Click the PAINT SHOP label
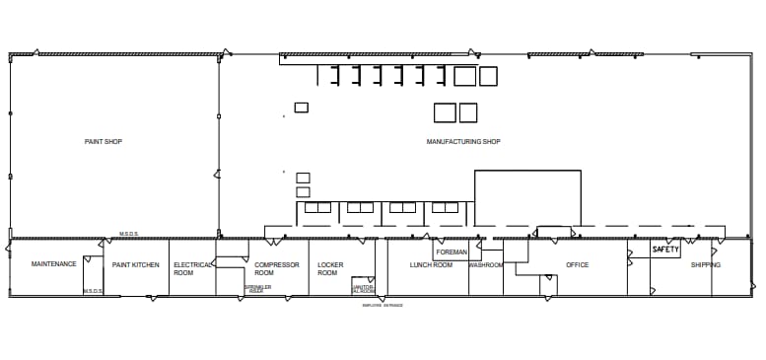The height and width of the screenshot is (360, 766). click(103, 142)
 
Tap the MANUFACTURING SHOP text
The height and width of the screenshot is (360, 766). click(462, 142)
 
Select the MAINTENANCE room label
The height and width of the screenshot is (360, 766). click(53, 264)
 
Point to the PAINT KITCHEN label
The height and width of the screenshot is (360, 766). click(135, 264)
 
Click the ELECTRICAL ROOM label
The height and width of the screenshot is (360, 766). click(192, 268)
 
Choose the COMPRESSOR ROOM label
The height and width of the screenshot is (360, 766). click(276, 268)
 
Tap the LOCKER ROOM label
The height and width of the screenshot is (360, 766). click(329, 268)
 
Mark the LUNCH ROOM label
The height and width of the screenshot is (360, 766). click(431, 264)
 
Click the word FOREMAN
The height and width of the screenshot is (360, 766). click(451, 252)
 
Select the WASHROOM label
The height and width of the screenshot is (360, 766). click(486, 264)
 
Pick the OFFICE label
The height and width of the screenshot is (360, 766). click(577, 264)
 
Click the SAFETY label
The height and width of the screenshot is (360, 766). click(665, 251)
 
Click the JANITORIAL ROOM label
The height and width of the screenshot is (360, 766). click(363, 289)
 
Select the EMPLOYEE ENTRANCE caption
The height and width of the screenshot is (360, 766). click(383, 306)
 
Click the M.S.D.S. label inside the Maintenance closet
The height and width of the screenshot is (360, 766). click(93, 291)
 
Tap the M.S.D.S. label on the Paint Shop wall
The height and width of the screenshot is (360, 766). click(129, 234)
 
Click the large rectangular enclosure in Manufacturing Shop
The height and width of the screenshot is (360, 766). click(527, 198)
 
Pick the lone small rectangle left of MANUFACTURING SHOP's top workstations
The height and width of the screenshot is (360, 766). click(301, 108)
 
